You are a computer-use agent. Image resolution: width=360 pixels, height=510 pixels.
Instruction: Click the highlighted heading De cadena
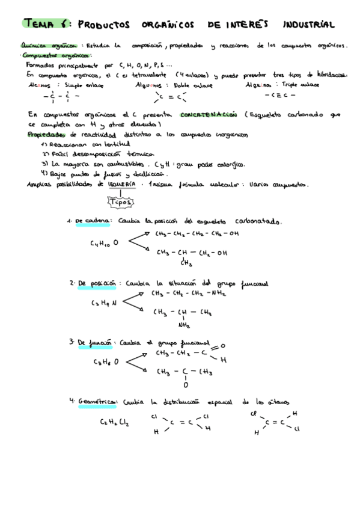92,221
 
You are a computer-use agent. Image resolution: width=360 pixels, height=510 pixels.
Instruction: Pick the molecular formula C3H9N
104,303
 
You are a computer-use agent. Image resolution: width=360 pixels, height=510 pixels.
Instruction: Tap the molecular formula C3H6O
105,362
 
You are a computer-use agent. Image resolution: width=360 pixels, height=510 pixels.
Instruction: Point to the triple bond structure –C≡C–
279,95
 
